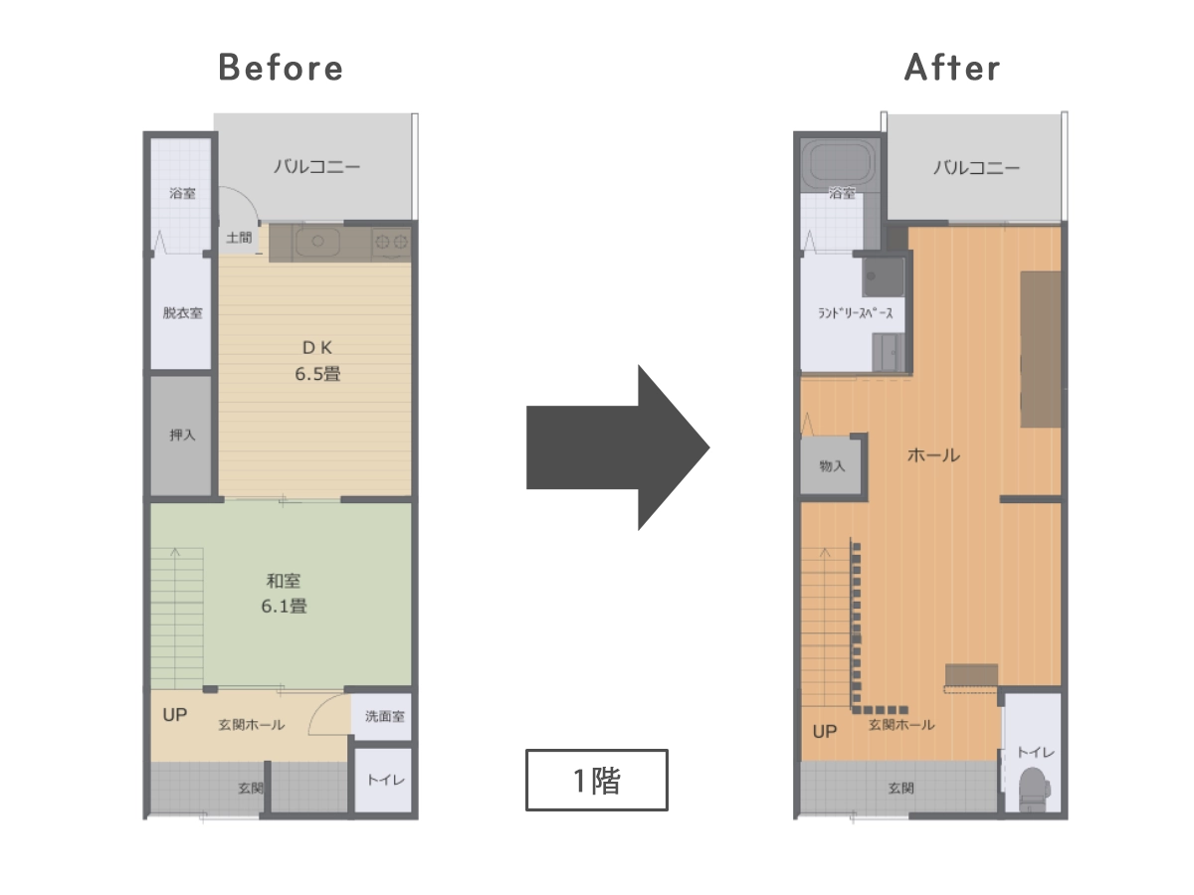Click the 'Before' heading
click(x=281, y=68)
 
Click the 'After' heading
click(x=952, y=68)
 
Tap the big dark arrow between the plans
click(x=618, y=447)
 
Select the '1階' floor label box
click(x=597, y=780)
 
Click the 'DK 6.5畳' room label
click(x=317, y=361)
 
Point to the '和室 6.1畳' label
click(x=284, y=594)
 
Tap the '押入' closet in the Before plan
click(x=181, y=436)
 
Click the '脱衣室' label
click(x=182, y=313)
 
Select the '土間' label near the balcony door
click(x=239, y=238)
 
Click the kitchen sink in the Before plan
click(x=317, y=242)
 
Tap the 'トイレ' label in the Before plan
click(x=386, y=781)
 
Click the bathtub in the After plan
click(x=838, y=162)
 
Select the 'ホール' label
click(x=933, y=455)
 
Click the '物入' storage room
click(x=831, y=466)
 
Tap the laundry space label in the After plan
click(x=855, y=313)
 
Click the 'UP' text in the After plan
click(x=824, y=732)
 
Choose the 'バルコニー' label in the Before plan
click(x=316, y=166)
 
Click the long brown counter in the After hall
click(x=1041, y=349)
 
